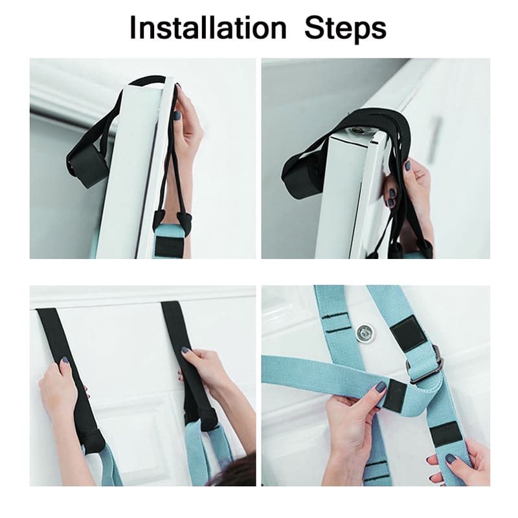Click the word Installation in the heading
(208, 28)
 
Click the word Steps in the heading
(345, 29)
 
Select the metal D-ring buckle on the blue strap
(425, 364)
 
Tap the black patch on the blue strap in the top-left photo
(169, 246)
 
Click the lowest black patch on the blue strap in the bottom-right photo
(446, 434)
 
